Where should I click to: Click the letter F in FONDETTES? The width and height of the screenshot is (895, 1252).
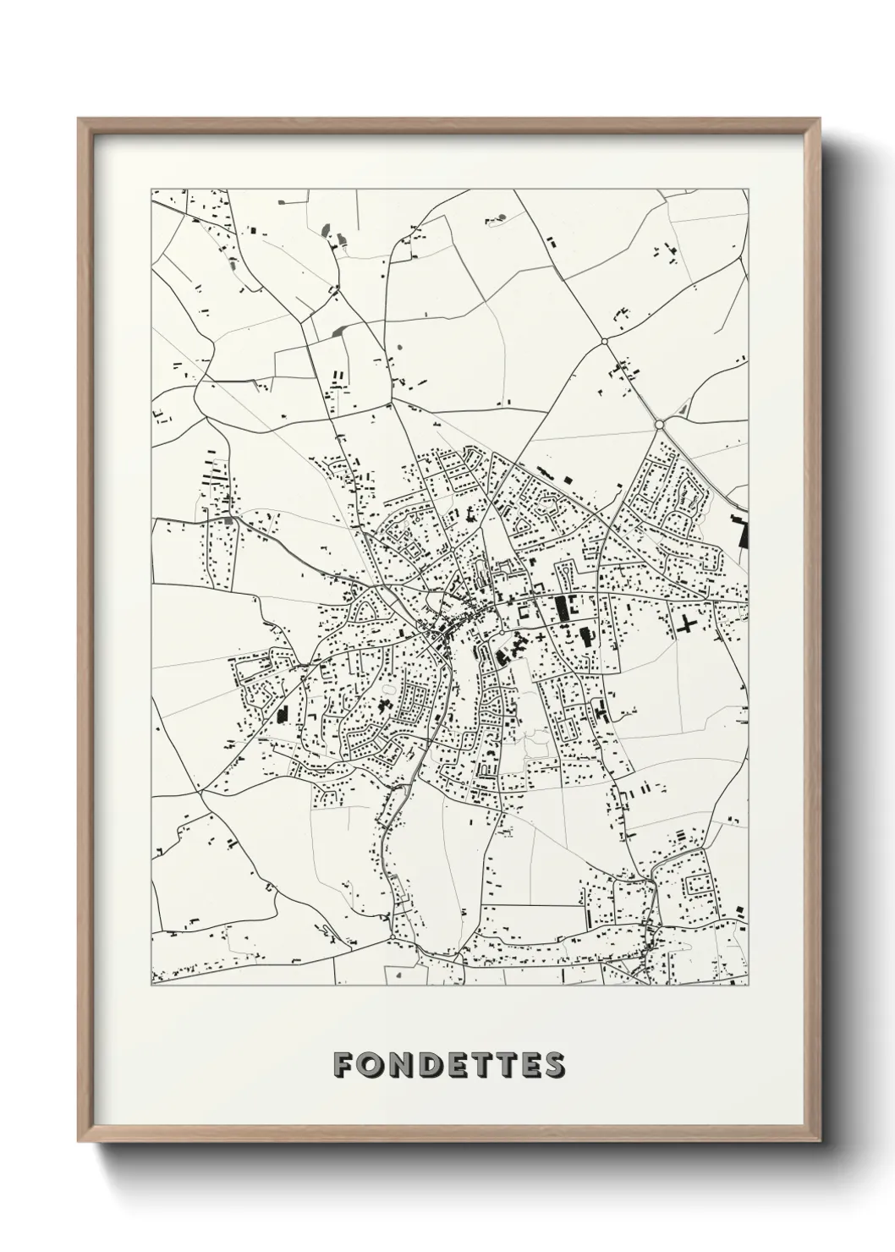pyautogui.click(x=343, y=1064)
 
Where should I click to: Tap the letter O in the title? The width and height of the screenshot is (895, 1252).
pyautogui.click(x=371, y=1064)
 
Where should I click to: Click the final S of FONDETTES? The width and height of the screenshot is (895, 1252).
pyautogui.click(x=553, y=1064)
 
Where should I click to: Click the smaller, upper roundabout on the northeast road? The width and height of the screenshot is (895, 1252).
pyautogui.click(x=604, y=341)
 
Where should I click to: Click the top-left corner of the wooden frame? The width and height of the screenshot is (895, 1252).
pyautogui.click(x=79, y=118)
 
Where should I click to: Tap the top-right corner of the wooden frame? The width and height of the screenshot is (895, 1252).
pyautogui.click(x=821, y=118)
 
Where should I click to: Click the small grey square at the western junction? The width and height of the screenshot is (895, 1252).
pyautogui.click(x=228, y=519)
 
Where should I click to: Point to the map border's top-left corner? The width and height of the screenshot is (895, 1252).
pyautogui.click(x=151, y=189)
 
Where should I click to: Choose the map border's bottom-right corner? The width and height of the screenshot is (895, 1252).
pyautogui.click(x=749, y=985)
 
